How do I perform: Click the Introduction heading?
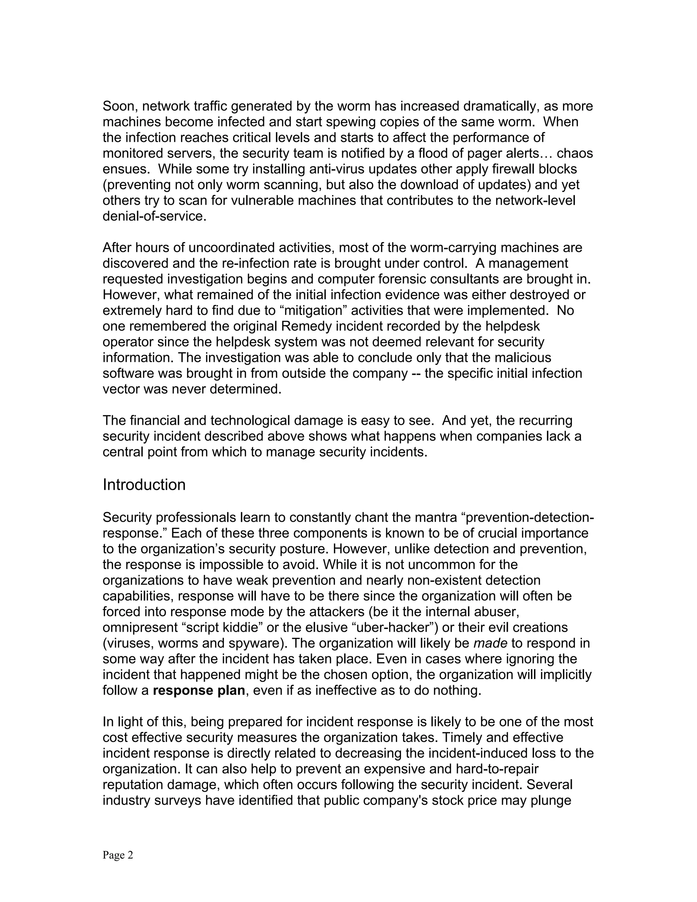(x=144, y=485)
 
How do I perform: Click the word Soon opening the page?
(x=120, y=107)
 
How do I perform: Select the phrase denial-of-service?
(x=154, y=216)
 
